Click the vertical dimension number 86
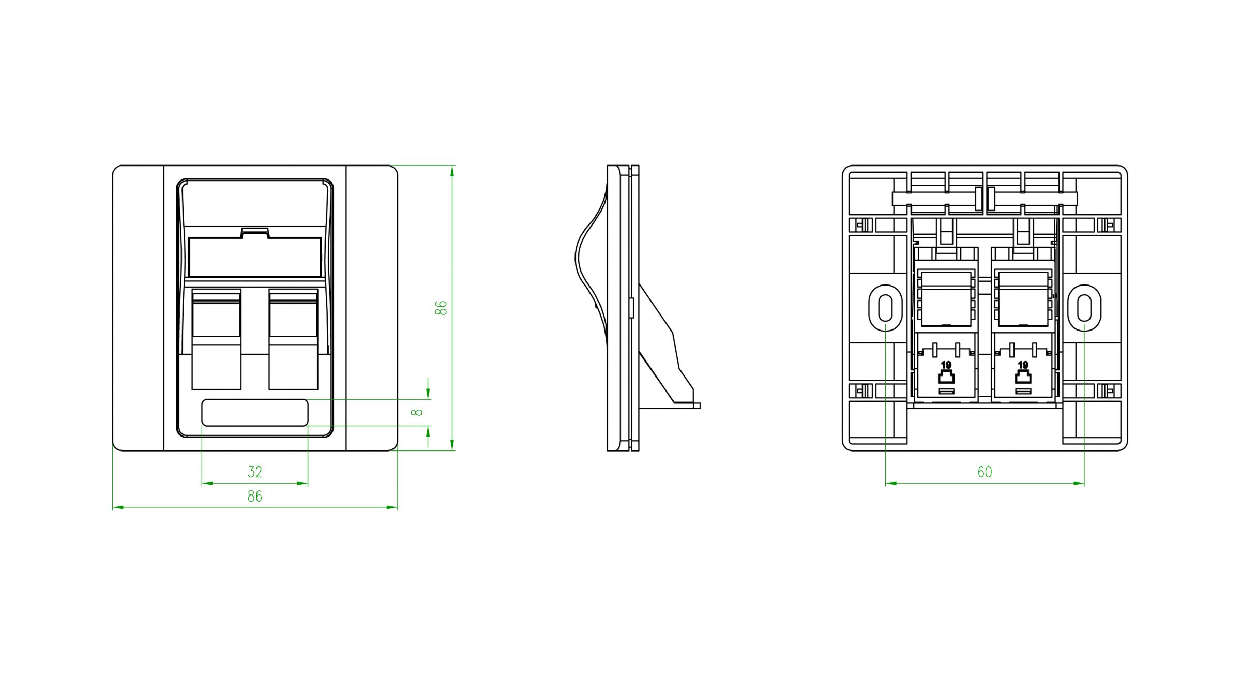point(441,308)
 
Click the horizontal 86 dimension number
point(254,497)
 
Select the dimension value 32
point(254,472)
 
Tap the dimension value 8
point(417,412)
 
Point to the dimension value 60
point(985,472)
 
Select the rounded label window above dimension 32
point(254,412)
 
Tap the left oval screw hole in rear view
point(885,308)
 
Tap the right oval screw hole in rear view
point(1084,308)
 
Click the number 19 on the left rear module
point(946,365)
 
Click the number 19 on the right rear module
point(1023,365)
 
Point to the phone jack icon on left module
point(946,377)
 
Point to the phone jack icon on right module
point(1023,377)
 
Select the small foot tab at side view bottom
point(696,406)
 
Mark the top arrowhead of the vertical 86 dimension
point(452,171)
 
